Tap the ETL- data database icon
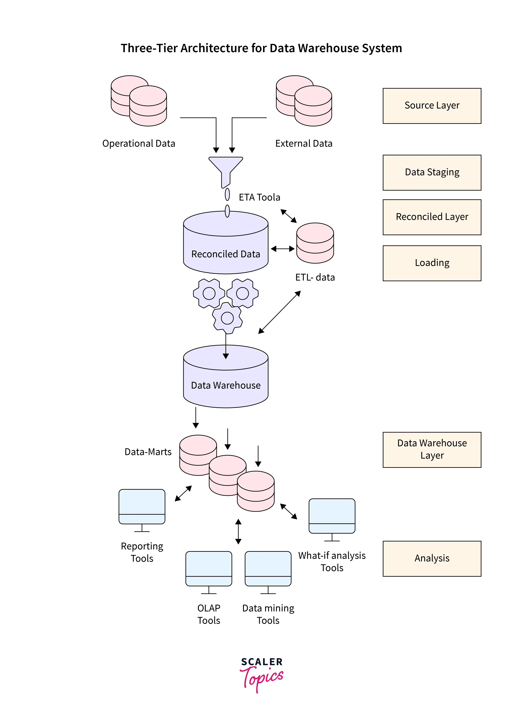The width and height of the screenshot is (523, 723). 315,243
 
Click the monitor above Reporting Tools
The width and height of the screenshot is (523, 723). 142,507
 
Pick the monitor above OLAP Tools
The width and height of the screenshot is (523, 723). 209,569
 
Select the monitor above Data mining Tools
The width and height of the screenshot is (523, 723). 268,569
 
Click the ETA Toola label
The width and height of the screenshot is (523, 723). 260,197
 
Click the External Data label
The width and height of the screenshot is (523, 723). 304,143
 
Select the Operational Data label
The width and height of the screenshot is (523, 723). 139,143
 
